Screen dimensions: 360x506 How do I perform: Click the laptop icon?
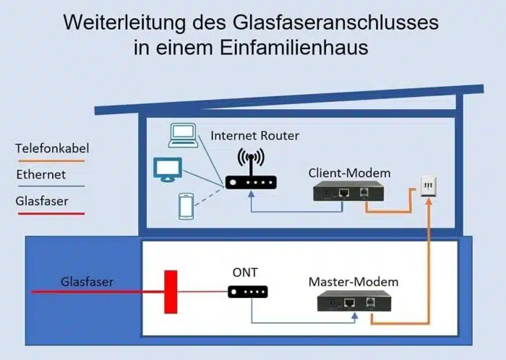pos(182,134)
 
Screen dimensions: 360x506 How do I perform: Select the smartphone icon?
pos(185,206)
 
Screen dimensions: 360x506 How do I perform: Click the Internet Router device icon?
pos(251,180)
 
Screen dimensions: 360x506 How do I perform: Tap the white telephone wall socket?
pos(429,186)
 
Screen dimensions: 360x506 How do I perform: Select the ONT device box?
pos(248,292)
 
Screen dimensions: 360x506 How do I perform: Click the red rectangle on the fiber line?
pos(170,291)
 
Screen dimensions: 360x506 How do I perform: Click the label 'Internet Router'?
pos(254,136)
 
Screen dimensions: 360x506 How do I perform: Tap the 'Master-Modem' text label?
pos(353,281)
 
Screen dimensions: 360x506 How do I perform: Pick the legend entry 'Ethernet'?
pos(40,174)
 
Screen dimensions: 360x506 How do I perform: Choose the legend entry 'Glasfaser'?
pos(42,201)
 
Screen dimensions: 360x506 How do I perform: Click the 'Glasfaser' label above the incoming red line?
pos(87,282)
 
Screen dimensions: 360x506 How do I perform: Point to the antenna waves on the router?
pos(251,158)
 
